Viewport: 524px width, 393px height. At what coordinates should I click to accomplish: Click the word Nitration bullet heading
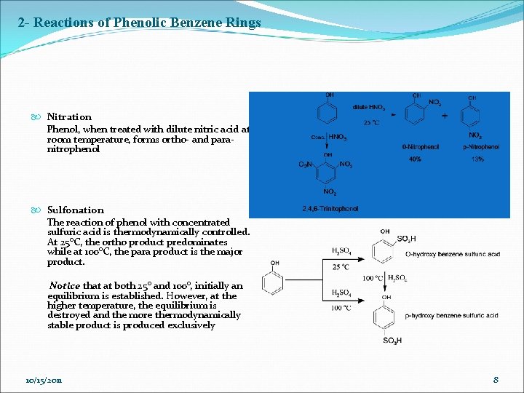click(x=69, y=116)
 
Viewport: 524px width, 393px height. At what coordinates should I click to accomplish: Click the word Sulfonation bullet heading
click(x=75, y=210)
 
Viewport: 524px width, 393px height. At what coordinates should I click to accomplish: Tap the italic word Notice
click(x=64, y=286)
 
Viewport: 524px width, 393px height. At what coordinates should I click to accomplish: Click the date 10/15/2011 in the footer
click(x=43, y=381)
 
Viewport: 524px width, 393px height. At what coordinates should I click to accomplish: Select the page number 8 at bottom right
click(x=496, y=380)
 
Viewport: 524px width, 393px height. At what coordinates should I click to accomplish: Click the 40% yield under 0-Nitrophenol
click(x=415, y=159)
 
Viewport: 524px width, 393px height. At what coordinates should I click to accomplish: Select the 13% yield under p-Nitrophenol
click(x=477, y=159)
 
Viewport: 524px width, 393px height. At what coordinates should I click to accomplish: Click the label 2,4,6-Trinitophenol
click(x=330, y=209)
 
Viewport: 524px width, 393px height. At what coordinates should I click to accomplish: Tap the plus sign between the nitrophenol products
click(x=445, y=115)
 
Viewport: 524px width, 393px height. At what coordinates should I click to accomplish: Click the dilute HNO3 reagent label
click(x=370, y=108)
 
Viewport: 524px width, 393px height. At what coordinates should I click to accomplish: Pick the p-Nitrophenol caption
click(x=481, y=147)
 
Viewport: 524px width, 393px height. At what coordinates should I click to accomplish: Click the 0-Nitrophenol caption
click(x=421, y=147)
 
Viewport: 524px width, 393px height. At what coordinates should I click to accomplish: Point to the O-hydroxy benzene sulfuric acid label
click(x=452, y=255)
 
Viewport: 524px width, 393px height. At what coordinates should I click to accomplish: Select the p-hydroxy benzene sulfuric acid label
click(x=452, y=315)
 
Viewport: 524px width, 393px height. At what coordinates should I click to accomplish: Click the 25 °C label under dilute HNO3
click(x=371, y=123)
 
